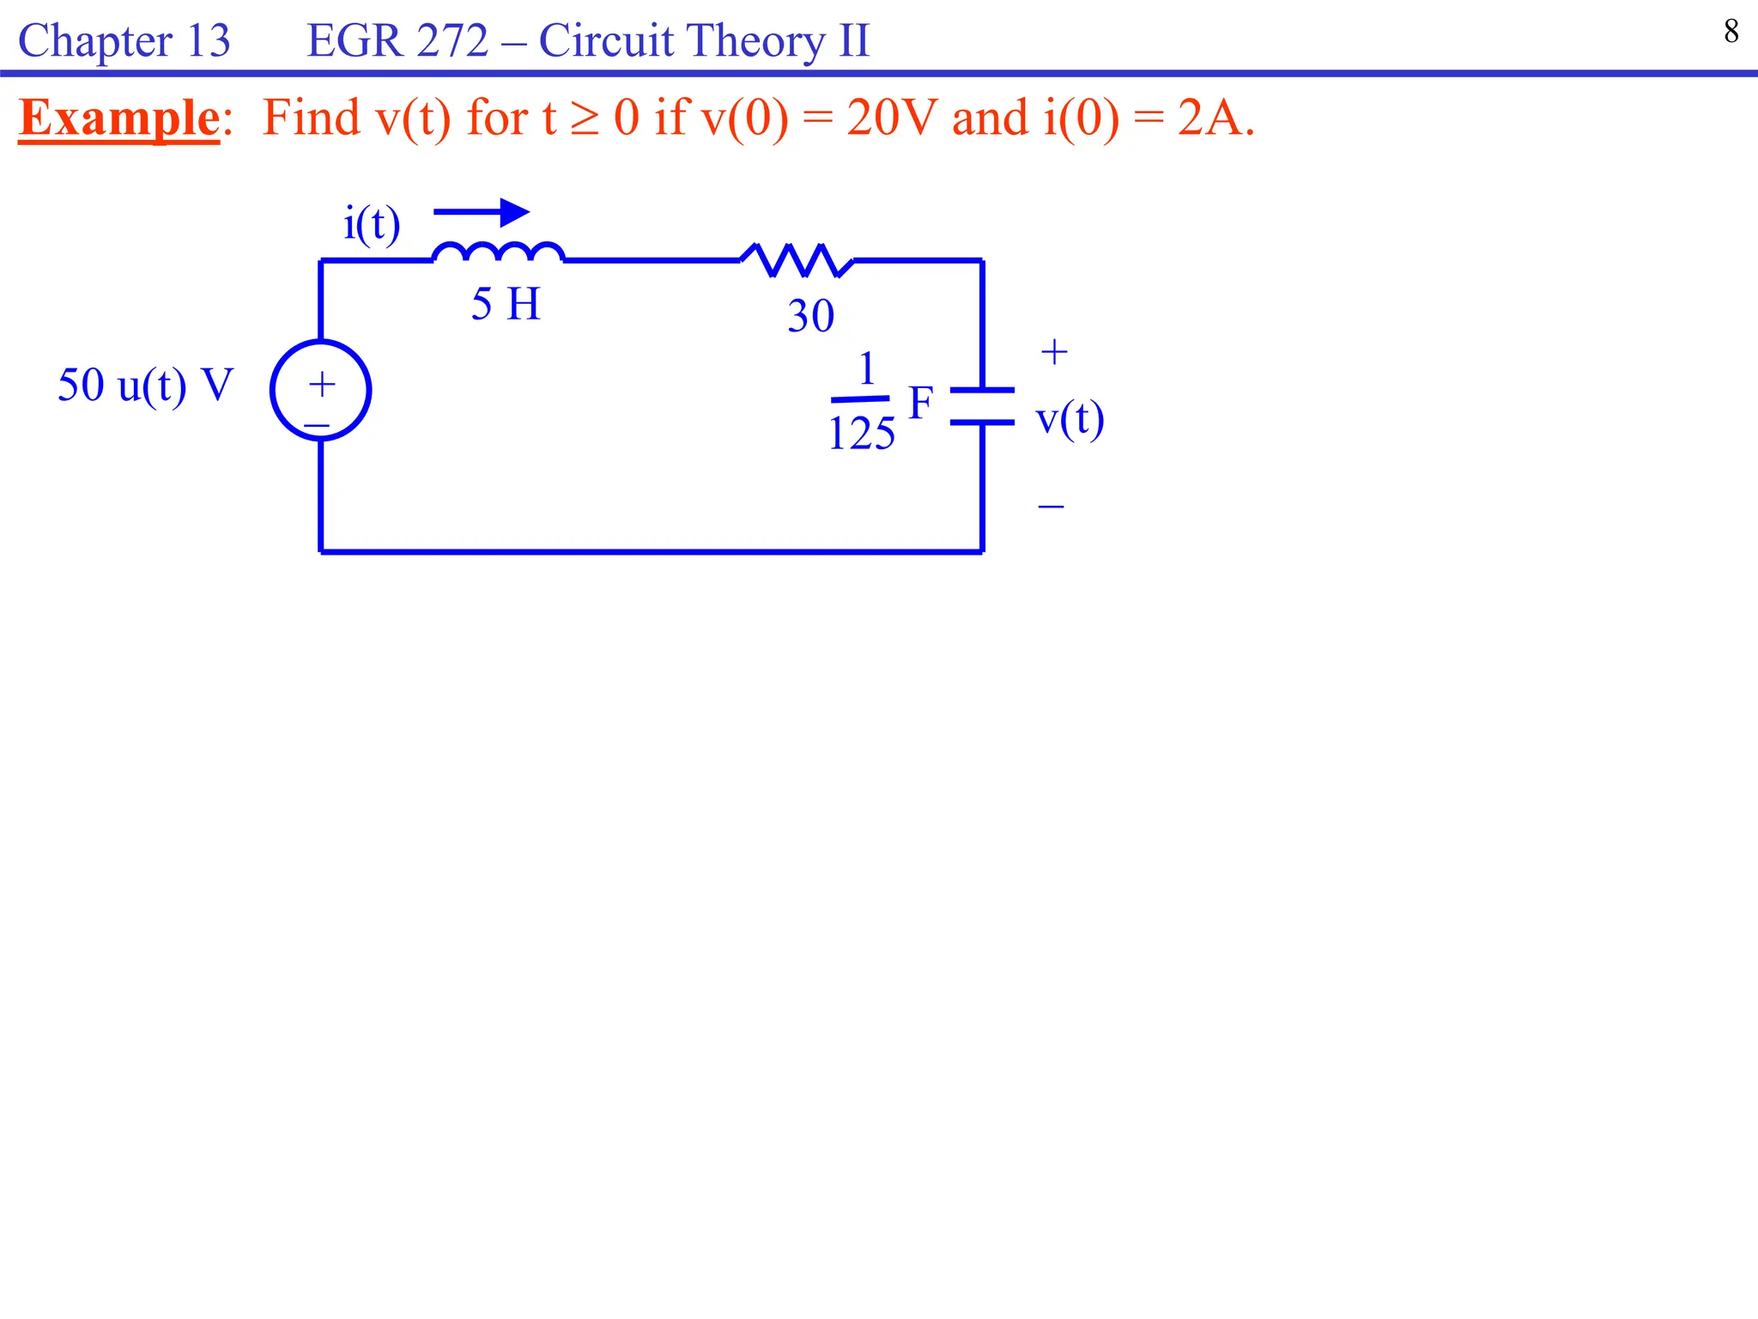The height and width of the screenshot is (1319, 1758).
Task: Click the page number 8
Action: click(x=1731, y=32)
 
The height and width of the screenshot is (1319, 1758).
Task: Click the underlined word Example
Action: click(x=119, y=118)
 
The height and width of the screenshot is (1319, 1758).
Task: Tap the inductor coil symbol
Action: click(x=498, y=252)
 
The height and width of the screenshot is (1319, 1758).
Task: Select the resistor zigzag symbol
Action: click(x=797, y=260)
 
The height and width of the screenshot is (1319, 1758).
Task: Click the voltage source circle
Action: click(x=320, y=391)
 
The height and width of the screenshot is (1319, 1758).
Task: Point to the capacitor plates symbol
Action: click(x=982, y=406)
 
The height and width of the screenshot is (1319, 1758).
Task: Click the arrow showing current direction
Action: click(x=482, y=212)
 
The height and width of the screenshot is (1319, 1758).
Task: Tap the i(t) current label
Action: click(x=372, y=224)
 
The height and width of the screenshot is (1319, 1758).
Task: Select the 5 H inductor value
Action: click(x=506, y=304)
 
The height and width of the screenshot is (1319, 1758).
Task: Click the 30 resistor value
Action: click(x=810, y=316)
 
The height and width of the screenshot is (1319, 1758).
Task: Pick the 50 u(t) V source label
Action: click(x=145, y=385)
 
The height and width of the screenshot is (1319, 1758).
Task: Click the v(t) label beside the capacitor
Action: click(x=1070, y=420)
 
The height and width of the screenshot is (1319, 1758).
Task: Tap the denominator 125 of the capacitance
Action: click(x=861, y=433)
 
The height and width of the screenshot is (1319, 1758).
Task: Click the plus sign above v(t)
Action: click(x=1054, y=352)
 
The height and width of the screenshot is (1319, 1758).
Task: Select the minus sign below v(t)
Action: click(x=1051, y=507)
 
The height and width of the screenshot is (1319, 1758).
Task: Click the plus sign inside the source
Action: click(x=322, y=384)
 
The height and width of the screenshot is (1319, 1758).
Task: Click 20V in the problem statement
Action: click(x=892, y=118)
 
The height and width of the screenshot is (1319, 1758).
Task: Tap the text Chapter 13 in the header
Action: click(x=124, y=40)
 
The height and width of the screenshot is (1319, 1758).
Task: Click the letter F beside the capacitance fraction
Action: click(x=920, y=403)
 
